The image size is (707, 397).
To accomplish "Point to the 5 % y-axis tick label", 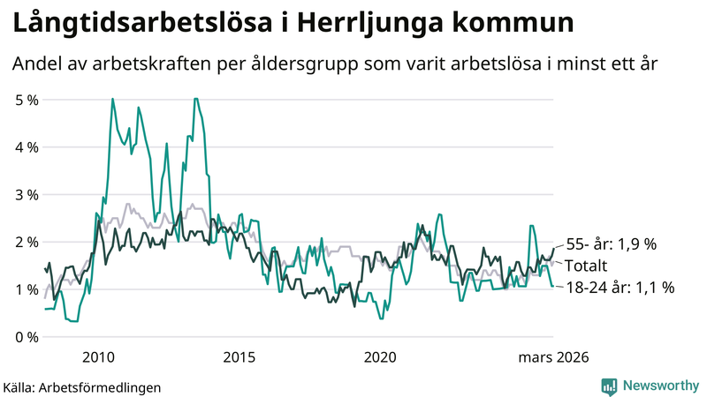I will click(27, 100).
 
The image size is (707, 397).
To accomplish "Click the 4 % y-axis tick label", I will click(27, 147).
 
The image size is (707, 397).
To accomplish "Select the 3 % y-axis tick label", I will click(27, 194).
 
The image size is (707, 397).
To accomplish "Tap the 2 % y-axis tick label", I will click(27, 242).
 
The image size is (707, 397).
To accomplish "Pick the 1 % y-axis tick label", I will click(27, 289).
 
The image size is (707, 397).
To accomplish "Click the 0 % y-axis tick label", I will click(27, 337).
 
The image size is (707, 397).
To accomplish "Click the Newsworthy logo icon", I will click(609, 386).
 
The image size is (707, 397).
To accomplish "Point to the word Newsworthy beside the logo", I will click(659, 386).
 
